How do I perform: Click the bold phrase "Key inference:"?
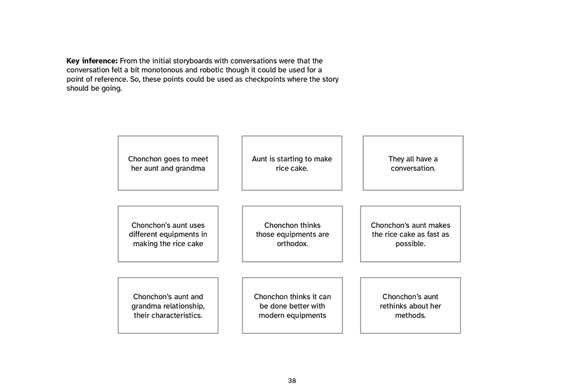92,61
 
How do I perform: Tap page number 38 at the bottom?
292,381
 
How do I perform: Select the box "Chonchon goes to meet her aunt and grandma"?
168,163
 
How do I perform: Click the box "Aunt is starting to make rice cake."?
292,163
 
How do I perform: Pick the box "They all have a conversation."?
413,163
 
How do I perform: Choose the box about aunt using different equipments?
168,234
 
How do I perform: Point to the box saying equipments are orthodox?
292,234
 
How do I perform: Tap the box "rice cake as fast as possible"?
411,234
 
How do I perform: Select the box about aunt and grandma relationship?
168,306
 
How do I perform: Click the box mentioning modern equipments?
292,306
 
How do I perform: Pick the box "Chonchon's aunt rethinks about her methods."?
411,306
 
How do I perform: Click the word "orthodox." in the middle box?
293,244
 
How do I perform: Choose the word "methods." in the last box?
411,316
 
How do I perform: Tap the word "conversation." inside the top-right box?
413,168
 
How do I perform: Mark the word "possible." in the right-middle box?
411,244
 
